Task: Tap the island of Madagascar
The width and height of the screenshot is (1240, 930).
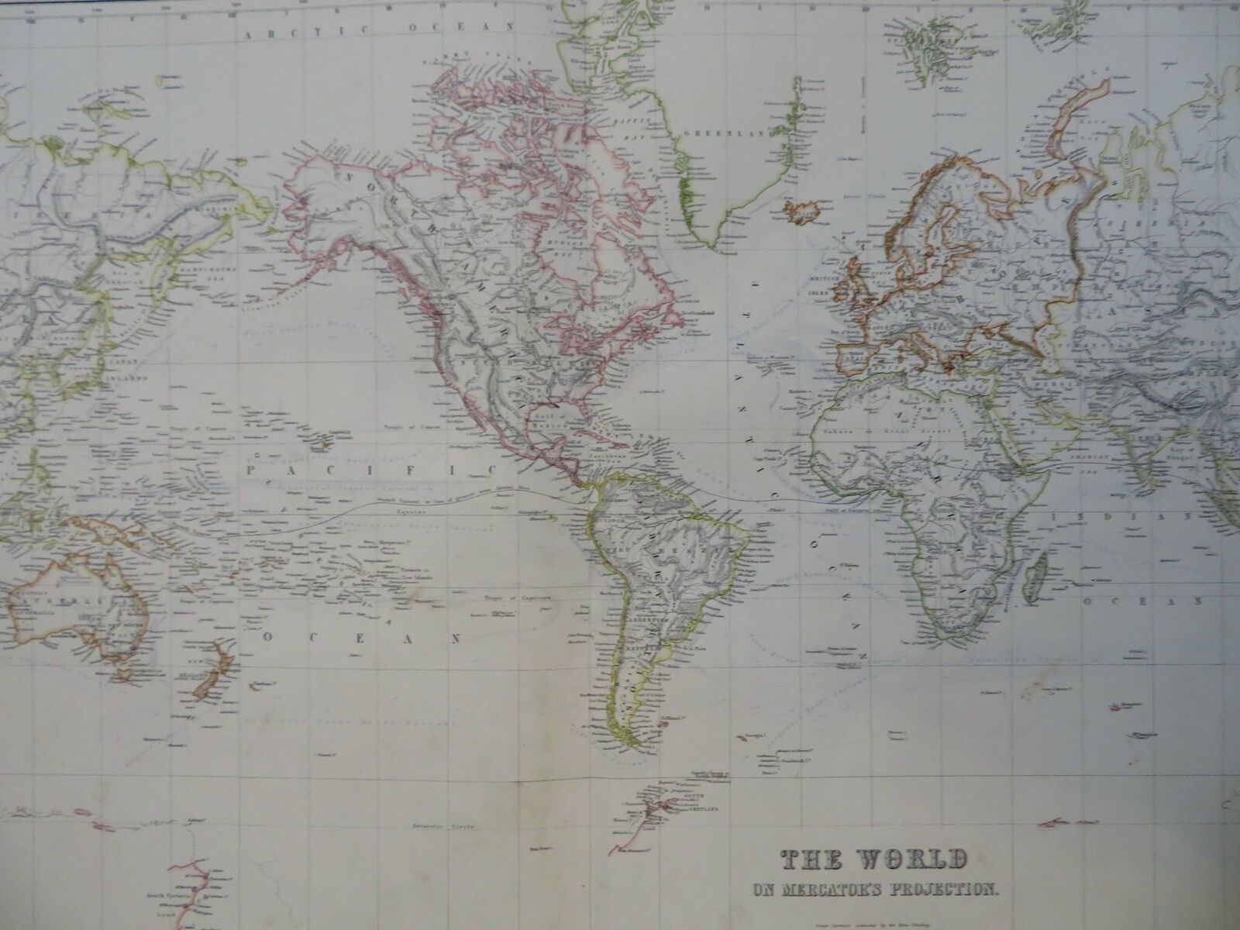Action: (1033, 577)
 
